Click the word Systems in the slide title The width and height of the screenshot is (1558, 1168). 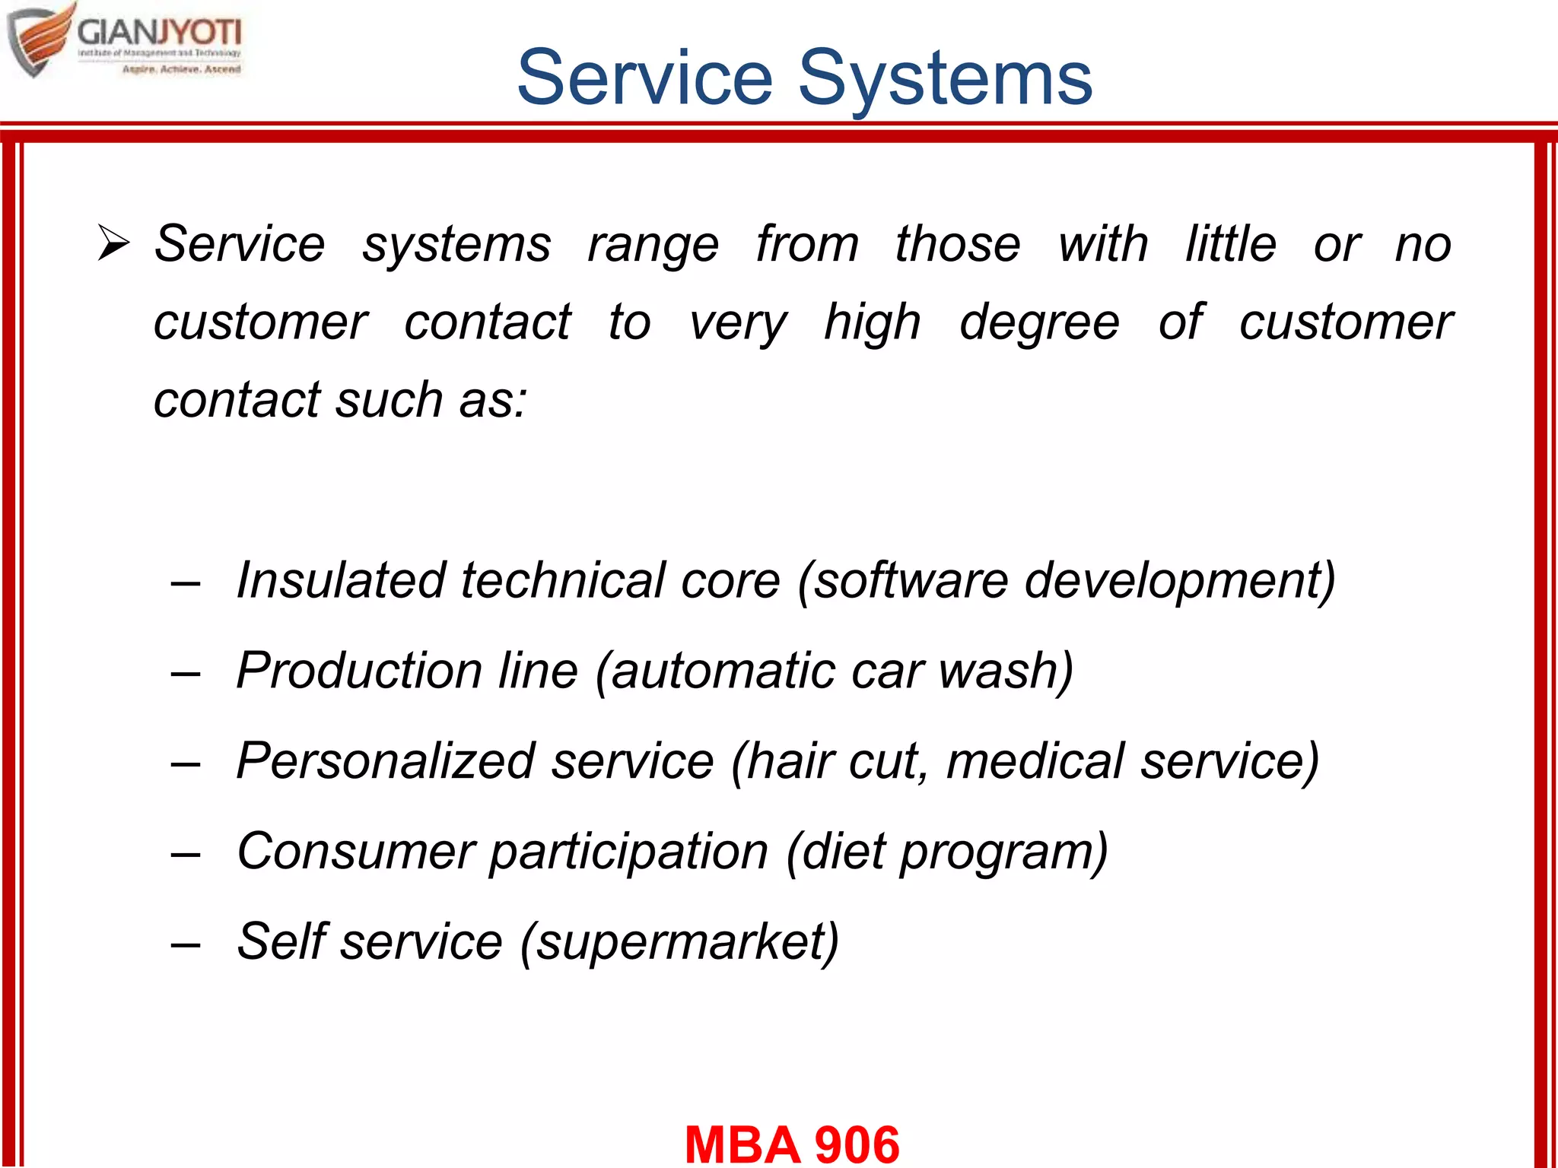pos(945,78)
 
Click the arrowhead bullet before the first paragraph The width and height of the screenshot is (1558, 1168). pos(114,245)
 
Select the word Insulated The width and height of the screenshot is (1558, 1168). pos(340,580)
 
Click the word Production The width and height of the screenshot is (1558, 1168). pos(359,671)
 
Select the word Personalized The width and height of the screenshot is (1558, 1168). pos(386,760)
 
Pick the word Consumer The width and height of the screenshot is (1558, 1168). pos(355,851)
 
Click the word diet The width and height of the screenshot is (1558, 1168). pos(842,851)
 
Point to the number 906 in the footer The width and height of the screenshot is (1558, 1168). pos(857,1144)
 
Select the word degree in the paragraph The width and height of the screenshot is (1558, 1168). pos(1039,322)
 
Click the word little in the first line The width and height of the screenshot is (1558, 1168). pos(1231,244)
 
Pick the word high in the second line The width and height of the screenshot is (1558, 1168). pos(873,322)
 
